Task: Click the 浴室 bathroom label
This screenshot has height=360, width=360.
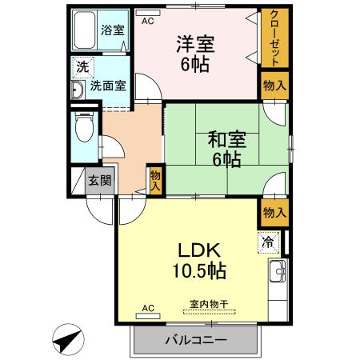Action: [x=112, y=31]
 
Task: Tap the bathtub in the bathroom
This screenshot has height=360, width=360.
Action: [x=86, y=31]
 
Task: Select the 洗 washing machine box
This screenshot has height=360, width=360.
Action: [x=81, y=67]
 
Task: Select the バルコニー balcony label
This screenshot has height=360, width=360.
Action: [x=196, y=339]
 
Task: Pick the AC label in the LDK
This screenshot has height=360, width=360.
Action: [x=147, y=307]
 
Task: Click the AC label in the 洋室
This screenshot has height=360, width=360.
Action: [x=147, y=22]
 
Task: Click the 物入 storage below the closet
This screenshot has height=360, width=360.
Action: [x=274, y=85]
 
